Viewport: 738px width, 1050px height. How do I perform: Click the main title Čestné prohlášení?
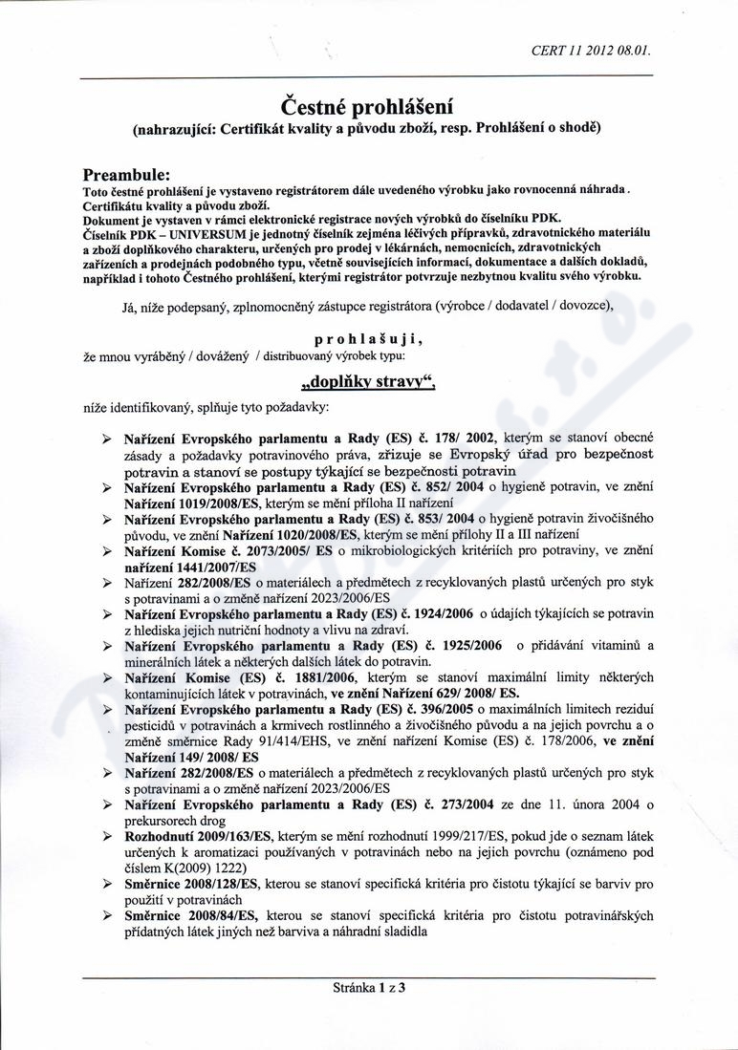pyautogui.click(x=368, y=103)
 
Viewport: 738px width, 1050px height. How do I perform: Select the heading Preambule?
pyautogui.click(x=126, y=176)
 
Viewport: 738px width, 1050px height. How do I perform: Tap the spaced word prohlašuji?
pyautogui.click(x=368, y=338)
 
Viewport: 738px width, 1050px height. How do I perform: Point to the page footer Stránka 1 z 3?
pyautogui.click(x=368, y=988)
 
